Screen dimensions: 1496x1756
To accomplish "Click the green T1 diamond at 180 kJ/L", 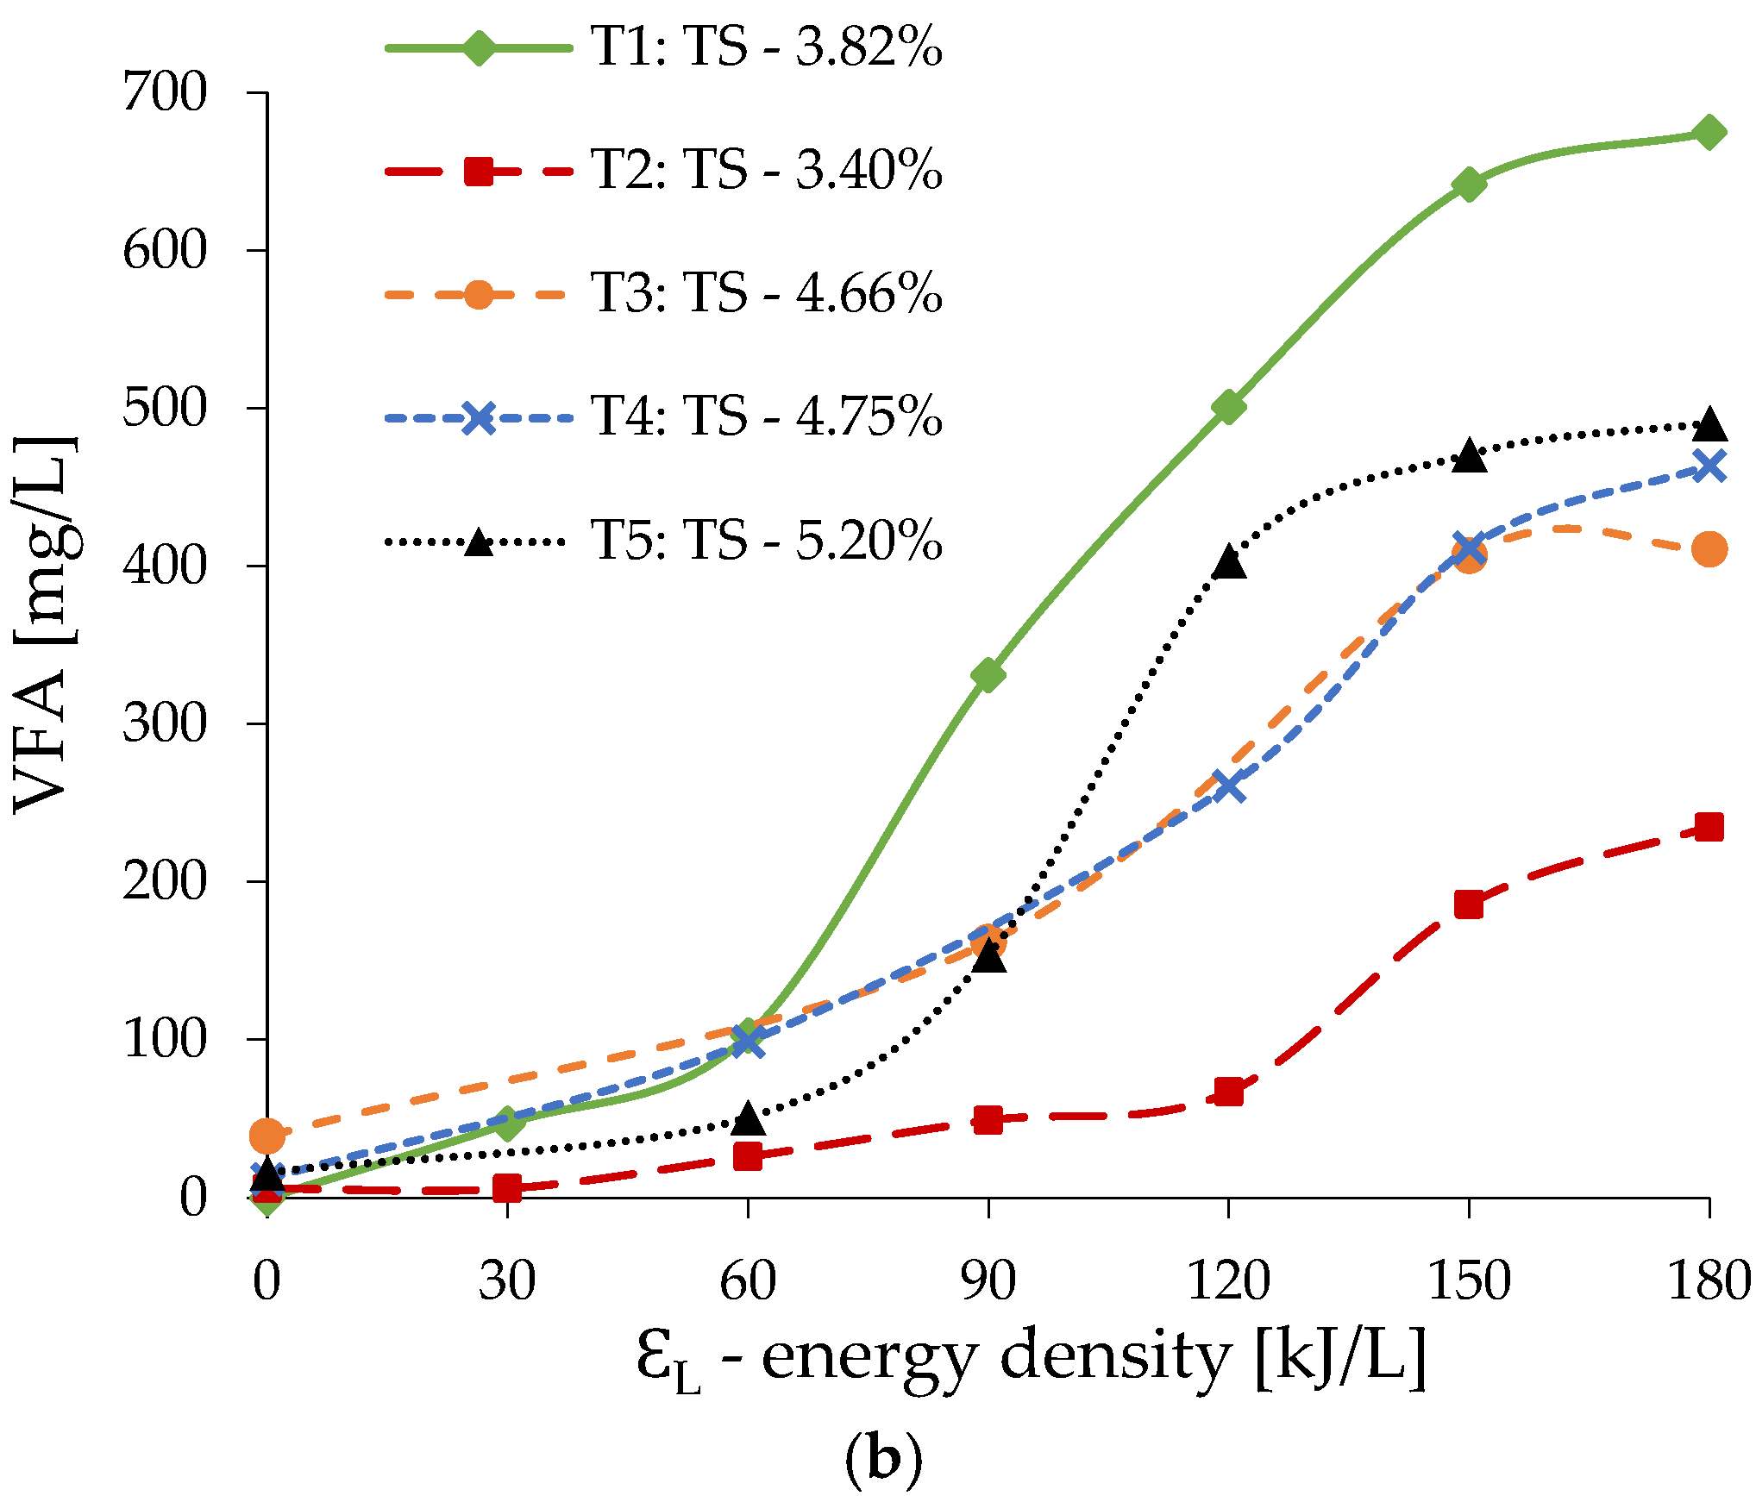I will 1709,133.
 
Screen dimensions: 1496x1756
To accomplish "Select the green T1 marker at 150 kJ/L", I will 1469,184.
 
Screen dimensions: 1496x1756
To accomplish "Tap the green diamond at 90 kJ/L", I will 988,674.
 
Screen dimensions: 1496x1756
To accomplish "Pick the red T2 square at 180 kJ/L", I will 1709,827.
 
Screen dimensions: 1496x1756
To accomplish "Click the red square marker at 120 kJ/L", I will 1228,1092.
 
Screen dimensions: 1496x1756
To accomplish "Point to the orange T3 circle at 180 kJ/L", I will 1709,548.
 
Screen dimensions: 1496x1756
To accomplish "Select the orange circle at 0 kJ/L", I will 267,1136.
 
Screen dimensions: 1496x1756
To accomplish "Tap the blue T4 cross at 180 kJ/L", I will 1709,466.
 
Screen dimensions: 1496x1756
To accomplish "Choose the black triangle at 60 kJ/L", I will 748,1118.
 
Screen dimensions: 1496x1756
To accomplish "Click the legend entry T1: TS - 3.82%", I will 766,47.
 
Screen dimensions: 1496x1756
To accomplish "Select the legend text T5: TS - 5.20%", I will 766,541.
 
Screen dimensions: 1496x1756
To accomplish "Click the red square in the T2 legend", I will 479,171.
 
